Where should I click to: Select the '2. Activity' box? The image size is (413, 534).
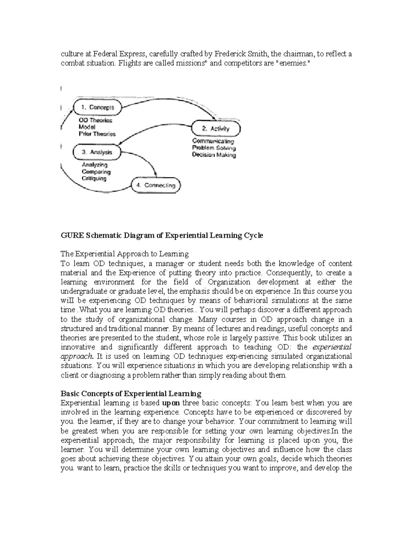[216, 129]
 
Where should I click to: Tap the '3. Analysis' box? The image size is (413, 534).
[97, 152]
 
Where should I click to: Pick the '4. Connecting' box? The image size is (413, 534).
[156, 185]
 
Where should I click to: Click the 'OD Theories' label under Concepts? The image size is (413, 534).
[96, 120]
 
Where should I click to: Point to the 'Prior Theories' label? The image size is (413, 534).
[97, 134]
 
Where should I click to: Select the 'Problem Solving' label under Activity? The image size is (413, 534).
[214, 148]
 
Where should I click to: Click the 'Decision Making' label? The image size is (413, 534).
[214, 155]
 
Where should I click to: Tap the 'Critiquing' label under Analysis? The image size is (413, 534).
[94, 178]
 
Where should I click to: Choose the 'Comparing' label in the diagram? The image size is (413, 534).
[96, 172]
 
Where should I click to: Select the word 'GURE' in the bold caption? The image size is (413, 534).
[72, 235]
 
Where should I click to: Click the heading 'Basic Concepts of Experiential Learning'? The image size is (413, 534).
[131, 393]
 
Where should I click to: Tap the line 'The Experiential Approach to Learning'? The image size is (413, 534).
[125, 254]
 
